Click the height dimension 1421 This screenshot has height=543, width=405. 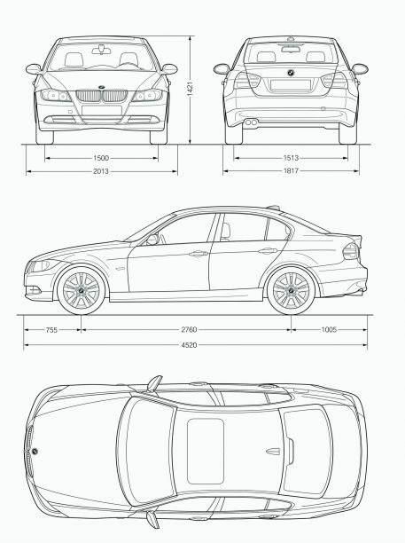pos(190,90)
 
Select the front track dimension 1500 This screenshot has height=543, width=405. pos(101,158)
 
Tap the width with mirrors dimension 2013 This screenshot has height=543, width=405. pos(101,171)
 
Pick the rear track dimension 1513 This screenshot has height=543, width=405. pos(291,158)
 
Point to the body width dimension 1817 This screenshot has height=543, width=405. pos(291,170)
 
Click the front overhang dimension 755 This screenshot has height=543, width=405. pos(51,330)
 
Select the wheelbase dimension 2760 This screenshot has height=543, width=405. pos(189,329)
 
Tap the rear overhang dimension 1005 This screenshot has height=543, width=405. pos(329,329)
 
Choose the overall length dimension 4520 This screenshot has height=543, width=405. pos(189,345)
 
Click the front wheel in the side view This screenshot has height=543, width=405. pos(82,290)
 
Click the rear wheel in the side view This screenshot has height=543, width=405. pos(291,290)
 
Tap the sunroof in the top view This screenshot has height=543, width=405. pos(206,451)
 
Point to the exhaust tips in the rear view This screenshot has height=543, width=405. pos(251,122)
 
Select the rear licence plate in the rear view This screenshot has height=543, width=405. pos(290,85)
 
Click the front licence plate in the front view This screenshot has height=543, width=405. pos(102,110)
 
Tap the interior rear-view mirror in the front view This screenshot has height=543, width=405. pos(101,51)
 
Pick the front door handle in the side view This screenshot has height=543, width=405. pos(199,254)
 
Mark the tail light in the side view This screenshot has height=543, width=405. pos(351,251)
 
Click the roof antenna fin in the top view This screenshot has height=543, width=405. pos(273,451)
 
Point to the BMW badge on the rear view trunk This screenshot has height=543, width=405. pos(291,73)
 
